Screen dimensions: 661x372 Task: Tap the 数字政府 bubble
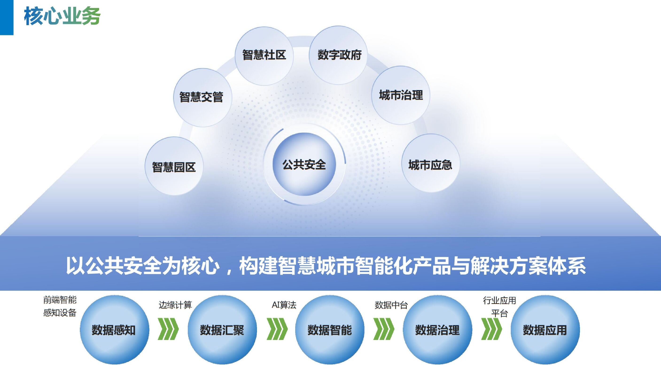(338, 55)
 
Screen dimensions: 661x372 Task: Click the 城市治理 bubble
(401, 95)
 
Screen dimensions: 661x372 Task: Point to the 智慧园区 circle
(174, 166)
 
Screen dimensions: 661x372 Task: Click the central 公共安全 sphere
(304, 164)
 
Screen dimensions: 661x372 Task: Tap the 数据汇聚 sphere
(222, 330)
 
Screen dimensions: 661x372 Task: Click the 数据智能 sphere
(330, 330)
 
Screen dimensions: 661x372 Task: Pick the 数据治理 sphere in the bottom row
(437, 330)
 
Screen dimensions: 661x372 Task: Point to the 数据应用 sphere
(545, 330)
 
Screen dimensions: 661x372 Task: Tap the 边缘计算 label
(175, 305)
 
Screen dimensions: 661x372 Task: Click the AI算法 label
(284, 305)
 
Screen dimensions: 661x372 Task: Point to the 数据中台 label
(391, 305)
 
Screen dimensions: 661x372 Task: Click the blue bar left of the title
(6, 17)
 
